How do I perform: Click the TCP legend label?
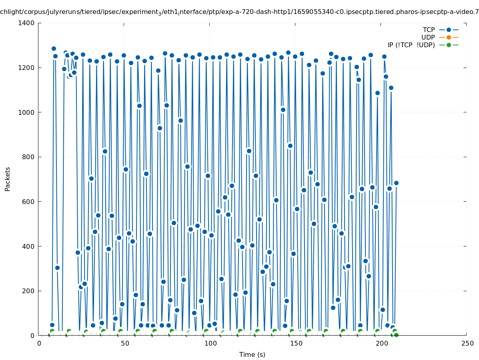[429, 30]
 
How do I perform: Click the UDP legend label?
[428, 37]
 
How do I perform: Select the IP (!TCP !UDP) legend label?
[411, 45]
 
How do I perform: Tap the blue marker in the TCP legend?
[449, 30]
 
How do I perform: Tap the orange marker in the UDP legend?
[449, 37]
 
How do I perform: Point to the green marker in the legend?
[449, 45]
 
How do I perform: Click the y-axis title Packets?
[7, 179]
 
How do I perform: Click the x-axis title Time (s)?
[252, 354]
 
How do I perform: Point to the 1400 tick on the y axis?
[26, 23]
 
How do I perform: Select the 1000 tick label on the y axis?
[26, 112]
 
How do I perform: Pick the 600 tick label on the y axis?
[28, 202]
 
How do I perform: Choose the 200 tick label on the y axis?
[28, 291]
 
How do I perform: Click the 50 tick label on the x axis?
[124, 343]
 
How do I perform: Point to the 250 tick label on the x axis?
[467, 343]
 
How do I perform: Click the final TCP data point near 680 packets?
[396, 183]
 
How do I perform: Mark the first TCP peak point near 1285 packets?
[54, 48]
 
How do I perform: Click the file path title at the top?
[239, 12]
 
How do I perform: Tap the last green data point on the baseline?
[396, 335]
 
